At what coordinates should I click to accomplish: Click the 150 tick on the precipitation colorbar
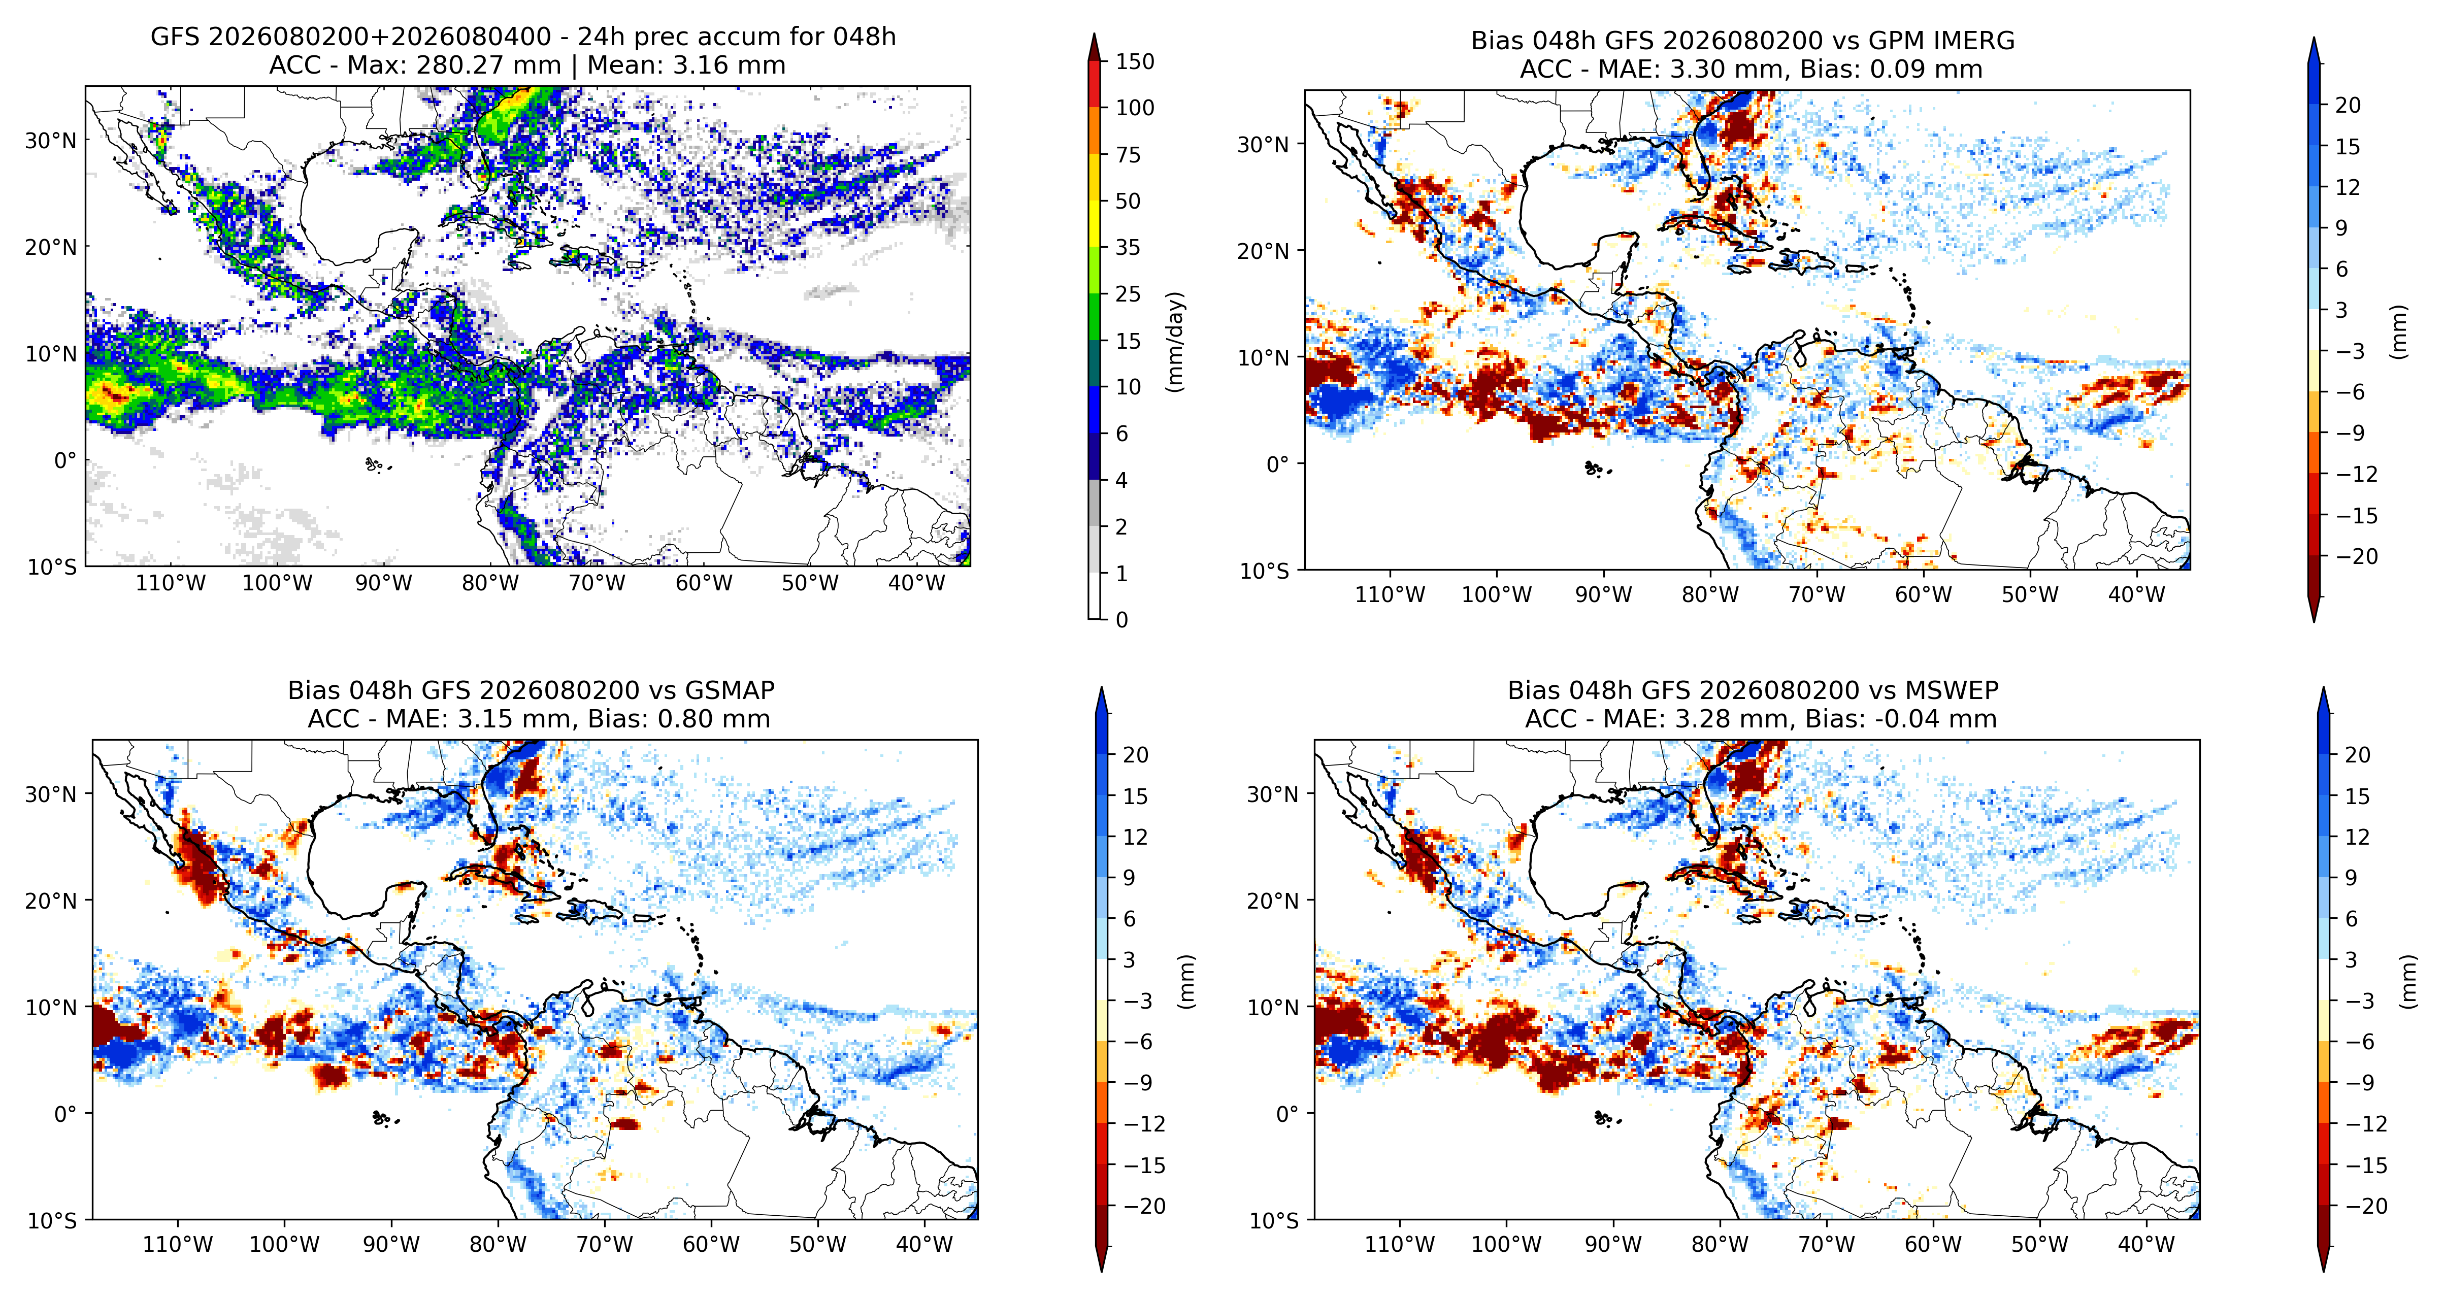point(1135,62)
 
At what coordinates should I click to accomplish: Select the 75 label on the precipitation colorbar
point(1128,155)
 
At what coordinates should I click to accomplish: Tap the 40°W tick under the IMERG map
point(2137,595)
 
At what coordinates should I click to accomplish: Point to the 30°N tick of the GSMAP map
point(50,794)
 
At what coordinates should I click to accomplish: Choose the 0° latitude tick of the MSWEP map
point(1286,1114)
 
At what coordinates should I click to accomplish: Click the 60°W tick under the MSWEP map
point(1934,1245)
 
